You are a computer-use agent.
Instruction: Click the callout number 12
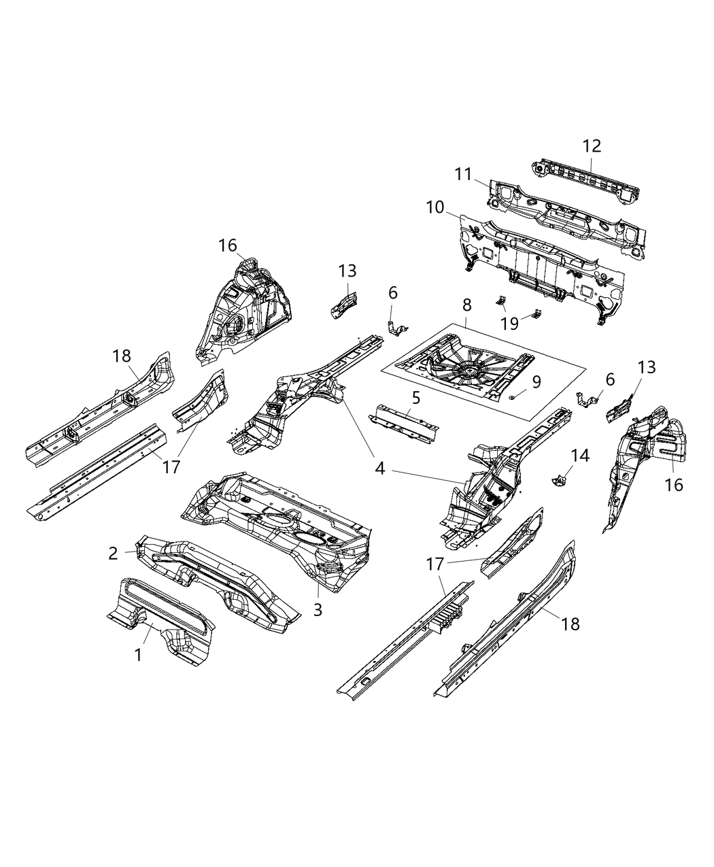tap(592, 146)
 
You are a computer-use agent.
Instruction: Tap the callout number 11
tap(464, 175)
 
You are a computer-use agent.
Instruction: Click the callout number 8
tap(466, 306)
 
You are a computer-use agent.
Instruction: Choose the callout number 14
tap(580, 455)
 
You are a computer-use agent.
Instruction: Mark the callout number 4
tap(380, 469)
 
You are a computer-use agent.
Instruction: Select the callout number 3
tap(318, 609)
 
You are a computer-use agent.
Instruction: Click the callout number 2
tap(113, 554)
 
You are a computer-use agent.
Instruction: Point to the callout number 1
tap(138, 655)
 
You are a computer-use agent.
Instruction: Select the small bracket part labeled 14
tap(560, 481)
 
